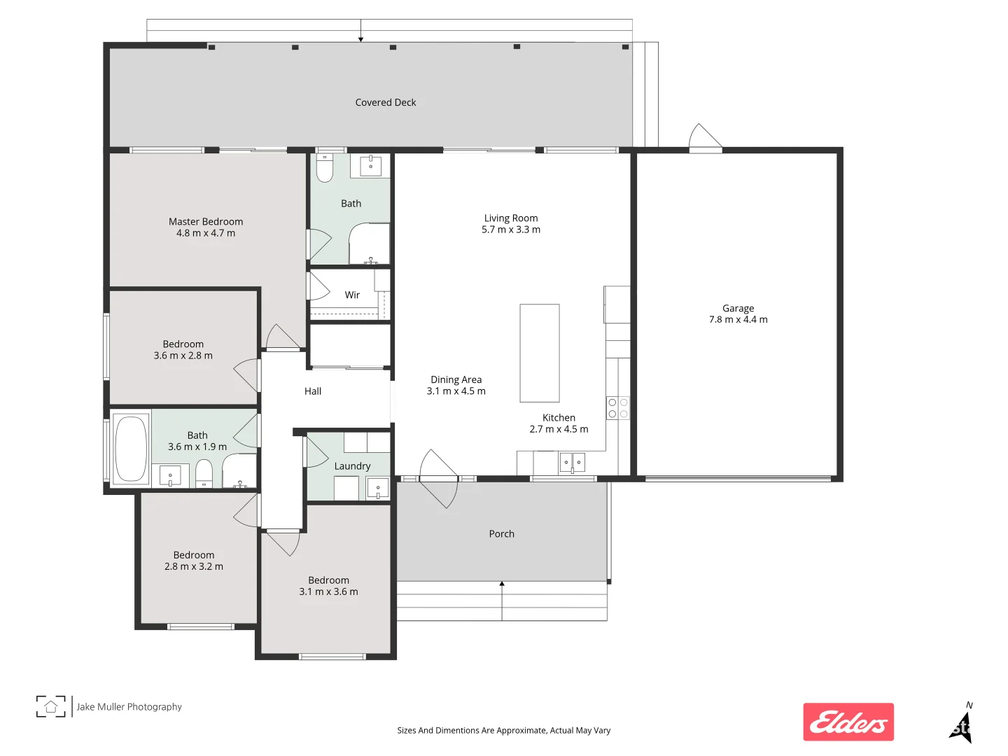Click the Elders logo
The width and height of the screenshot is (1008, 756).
pos(848,722)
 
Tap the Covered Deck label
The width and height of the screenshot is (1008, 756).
pos(386,102)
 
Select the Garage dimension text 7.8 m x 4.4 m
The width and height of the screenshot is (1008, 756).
pos(738,320)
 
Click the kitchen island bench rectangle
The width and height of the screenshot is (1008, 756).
pos(539,353)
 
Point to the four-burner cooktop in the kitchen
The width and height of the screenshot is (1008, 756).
pos(617,408)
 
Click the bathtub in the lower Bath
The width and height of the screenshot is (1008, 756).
pos(131,448)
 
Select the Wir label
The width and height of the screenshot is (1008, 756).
pos(352,295)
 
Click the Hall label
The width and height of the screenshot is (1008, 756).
pos(313,391)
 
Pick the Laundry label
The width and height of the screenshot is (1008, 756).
pos(352,466)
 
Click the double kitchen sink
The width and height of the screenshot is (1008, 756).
pos(572,463)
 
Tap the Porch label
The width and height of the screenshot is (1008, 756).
pos(501,534)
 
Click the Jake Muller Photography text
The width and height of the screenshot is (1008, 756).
pos(129,707)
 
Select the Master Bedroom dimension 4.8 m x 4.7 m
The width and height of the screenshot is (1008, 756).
pos(206,233)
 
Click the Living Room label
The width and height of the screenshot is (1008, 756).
pos(511,218)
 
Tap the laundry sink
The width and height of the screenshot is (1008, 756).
pos(378,488)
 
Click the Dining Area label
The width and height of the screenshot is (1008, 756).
pos(456,379)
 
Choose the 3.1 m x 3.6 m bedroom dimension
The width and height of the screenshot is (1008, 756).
pos(328,592)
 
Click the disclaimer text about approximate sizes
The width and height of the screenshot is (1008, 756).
pos(503,730)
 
